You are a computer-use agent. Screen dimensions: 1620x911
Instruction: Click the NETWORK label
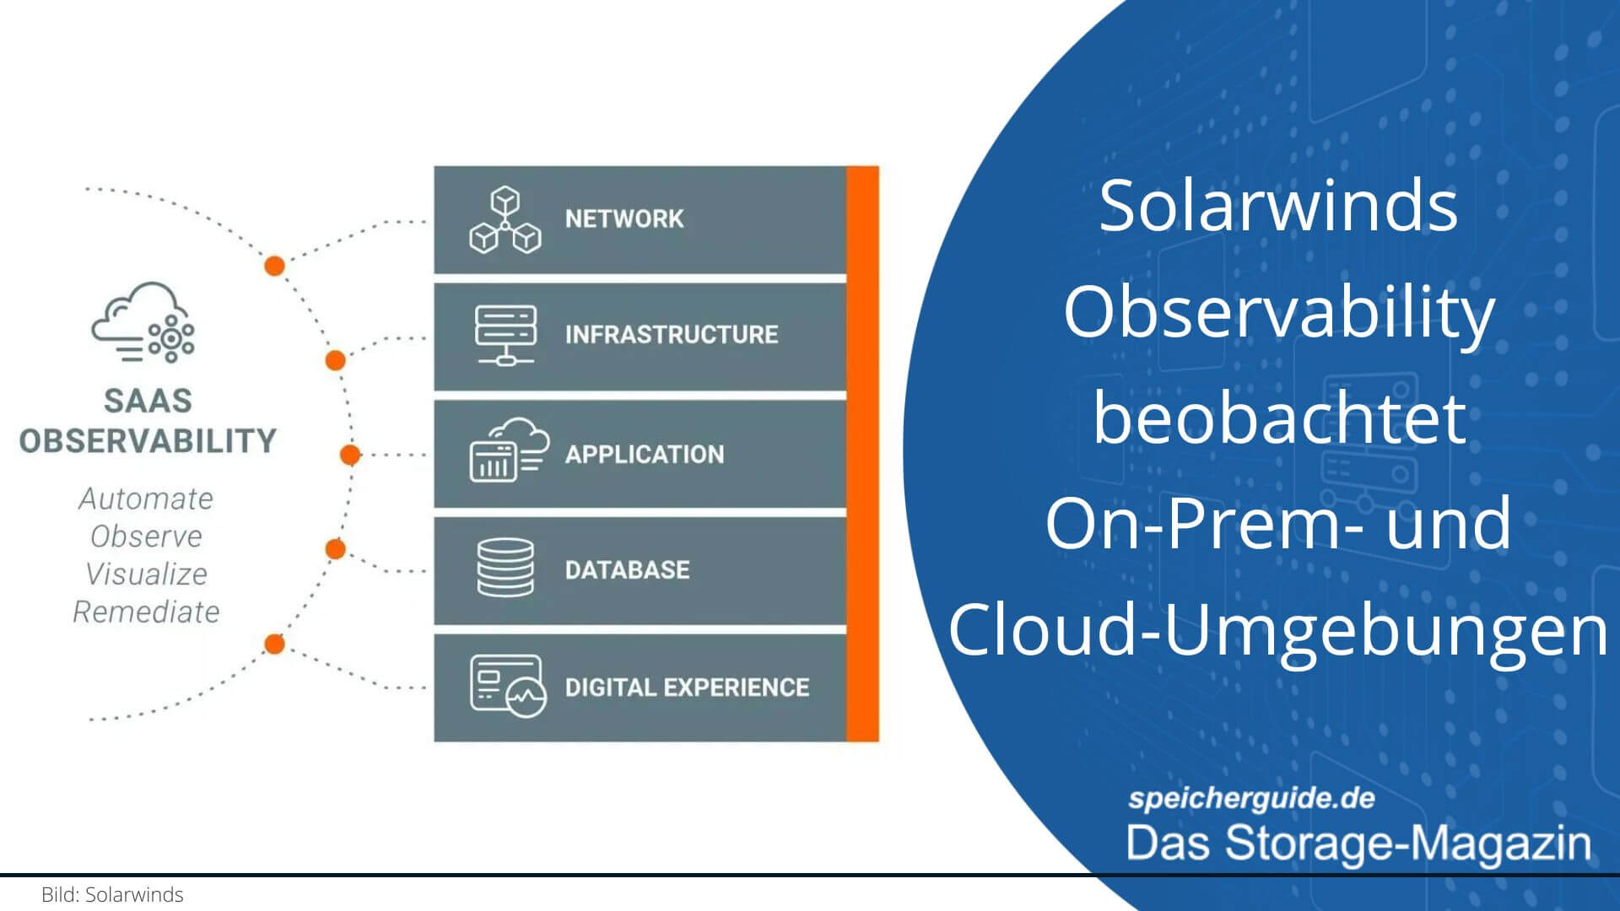pos(624,218)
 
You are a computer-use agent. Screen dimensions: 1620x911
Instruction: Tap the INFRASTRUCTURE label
pos(672,335)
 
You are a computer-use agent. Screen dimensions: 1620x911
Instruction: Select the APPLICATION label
pos(645,455)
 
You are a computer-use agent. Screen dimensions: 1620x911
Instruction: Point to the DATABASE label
pos(627,570)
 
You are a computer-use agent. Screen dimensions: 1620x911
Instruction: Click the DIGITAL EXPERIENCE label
pos(687,687)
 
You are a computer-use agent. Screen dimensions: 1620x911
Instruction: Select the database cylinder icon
pos(505,568)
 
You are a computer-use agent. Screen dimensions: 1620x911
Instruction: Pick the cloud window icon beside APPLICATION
pos(509,450)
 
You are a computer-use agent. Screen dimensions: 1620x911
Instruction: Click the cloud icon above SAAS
pos(143,322)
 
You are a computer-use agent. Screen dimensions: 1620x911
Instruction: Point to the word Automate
pos(146,499)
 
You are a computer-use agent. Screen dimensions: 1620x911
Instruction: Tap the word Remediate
pos(146,612)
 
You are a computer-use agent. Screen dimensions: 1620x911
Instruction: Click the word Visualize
pos(146,574)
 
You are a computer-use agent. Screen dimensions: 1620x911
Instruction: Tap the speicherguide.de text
pos(1251,798)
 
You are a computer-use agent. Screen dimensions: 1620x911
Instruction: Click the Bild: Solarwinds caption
pos(112,895)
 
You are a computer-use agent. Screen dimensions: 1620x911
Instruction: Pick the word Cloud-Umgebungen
pos(1278,631)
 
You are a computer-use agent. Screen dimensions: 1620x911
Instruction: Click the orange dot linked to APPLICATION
pos(350,455)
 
